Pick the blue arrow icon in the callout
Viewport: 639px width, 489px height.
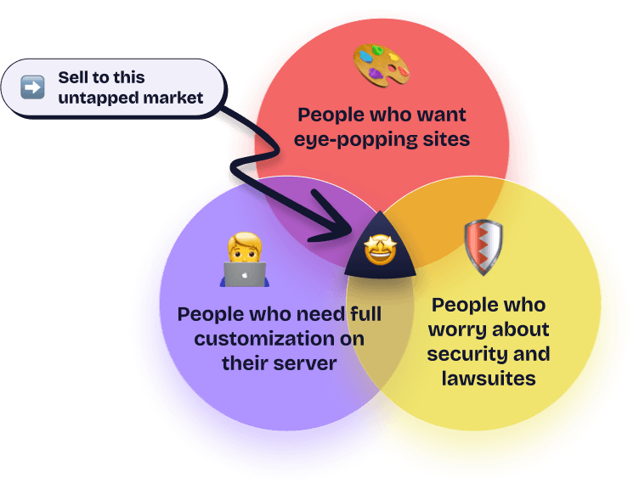[x=32, y=87]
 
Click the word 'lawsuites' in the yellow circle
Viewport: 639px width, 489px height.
[x=489, y=378]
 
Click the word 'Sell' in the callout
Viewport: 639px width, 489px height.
[x=72, y=77]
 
